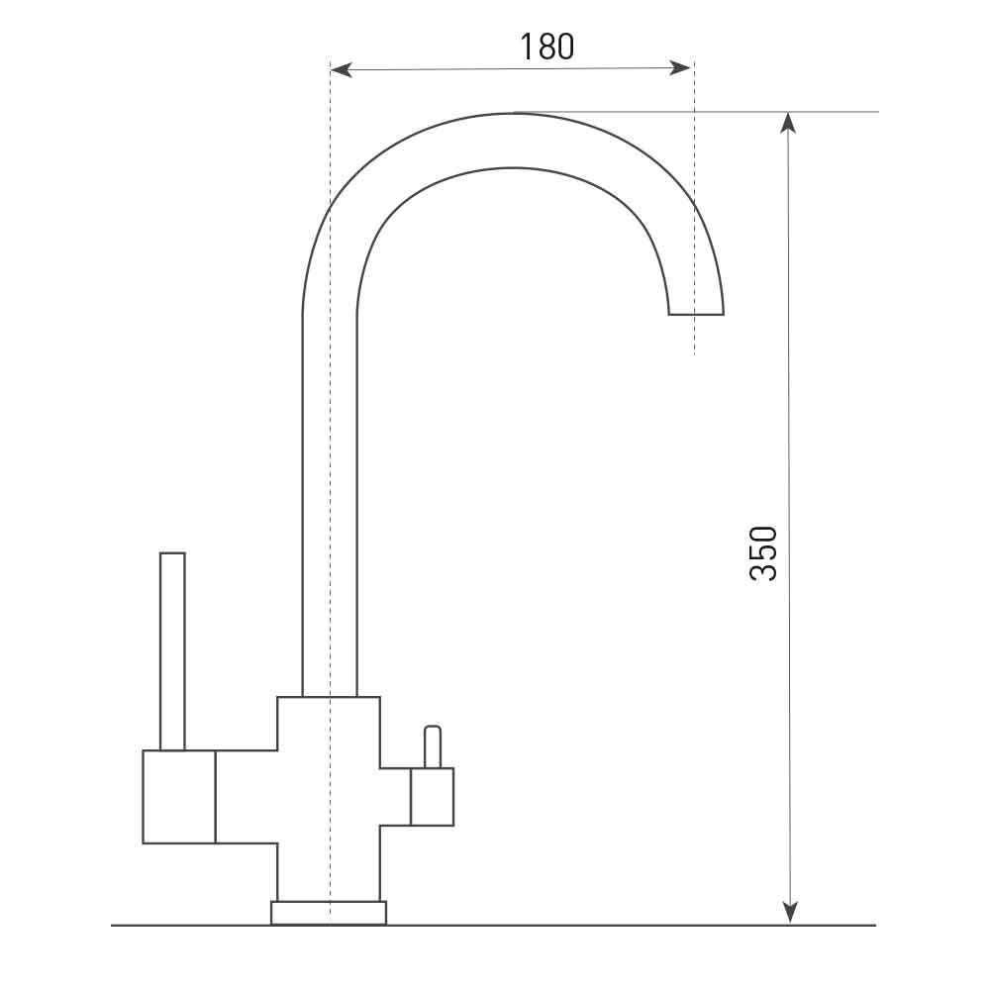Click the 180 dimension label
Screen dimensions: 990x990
pos(546,47)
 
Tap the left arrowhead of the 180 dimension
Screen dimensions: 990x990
pos(341,69)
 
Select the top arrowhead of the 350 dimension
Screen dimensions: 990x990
pos(787,123)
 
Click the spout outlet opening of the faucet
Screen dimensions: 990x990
pos(696,314)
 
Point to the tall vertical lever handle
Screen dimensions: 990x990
pos(172,651)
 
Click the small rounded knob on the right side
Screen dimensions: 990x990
pos(433,746)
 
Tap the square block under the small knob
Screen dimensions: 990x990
pos(432,796)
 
